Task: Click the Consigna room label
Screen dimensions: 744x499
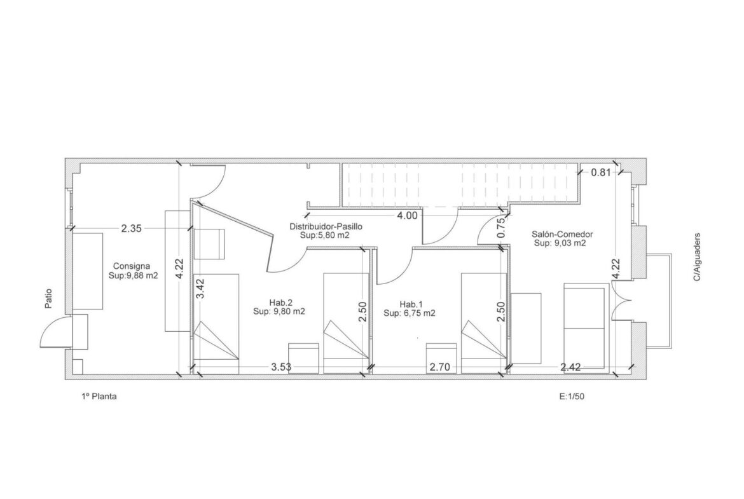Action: pos(132,266)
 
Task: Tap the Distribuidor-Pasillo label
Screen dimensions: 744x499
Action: pos(326,226)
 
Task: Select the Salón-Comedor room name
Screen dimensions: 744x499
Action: pos(562,234)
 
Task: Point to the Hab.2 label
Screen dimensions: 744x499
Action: pos(281,303)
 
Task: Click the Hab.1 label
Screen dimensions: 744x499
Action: pos(411,304)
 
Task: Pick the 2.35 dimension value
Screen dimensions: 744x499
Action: pos(131,228)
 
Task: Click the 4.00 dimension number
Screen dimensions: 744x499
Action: pos(407,215)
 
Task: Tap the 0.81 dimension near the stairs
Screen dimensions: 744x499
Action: pos(601,172)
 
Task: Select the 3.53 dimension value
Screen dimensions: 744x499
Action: pos(281,367)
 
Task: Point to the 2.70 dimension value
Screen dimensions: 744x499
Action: pos(440,367)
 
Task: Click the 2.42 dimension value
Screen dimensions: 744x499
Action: pos(571,367)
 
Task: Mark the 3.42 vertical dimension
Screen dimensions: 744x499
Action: pos(200,289)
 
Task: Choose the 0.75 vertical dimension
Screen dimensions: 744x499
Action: pos(501,228)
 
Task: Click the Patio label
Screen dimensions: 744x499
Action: pos(48,299)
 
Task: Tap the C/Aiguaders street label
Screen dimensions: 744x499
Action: pos(696,257)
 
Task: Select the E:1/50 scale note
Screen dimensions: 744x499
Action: pos(572,397)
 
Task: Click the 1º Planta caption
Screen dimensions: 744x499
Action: pos(99,397)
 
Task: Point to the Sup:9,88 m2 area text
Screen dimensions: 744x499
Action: pos(134,275)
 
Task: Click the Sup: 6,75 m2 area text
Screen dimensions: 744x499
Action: pos(410,313)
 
